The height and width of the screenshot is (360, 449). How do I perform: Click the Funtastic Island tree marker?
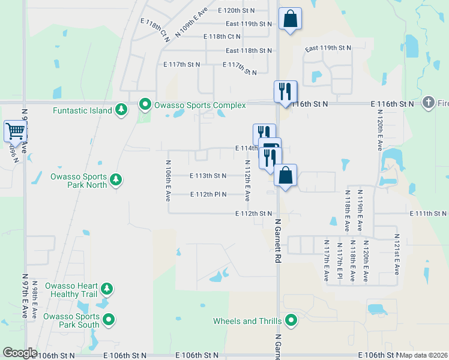[122, 109]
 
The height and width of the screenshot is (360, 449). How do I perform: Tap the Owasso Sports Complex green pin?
[145, 105]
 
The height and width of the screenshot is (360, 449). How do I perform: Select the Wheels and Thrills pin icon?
[291, 320]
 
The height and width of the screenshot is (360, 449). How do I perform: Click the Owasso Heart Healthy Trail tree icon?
[107, 289]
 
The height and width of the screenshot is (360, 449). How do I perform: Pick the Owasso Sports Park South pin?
[109, 320]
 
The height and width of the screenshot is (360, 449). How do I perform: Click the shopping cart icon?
[14, 130]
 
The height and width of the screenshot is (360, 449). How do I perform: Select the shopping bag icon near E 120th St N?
[290, 18]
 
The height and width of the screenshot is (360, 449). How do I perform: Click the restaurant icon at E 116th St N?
[285, 91]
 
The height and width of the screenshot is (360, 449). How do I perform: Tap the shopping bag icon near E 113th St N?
[285, 176]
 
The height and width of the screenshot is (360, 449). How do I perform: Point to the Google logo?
[20, 353]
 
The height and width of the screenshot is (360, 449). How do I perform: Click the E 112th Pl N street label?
[208, 194]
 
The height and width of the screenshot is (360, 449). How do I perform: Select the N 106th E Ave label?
[168, 181]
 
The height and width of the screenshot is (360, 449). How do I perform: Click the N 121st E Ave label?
[396, 254]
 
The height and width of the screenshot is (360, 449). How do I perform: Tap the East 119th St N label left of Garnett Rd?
[249, 24]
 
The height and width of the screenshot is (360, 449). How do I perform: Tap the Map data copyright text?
[424, 355]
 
